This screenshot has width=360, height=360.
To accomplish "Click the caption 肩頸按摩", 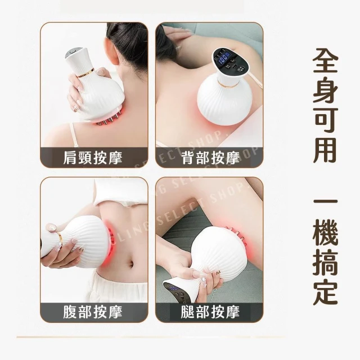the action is coord(92,157).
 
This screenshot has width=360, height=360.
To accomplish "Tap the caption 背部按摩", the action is coord(210,157).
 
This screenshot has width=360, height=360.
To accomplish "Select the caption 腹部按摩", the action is coord(92,312).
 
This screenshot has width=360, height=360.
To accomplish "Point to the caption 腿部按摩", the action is coord(210,312).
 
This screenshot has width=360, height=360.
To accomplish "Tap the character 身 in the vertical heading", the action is coord(325,91).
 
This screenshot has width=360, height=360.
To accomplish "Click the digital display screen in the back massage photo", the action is coord(222,56).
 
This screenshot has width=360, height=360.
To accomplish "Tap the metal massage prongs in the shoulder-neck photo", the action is coord(107,120).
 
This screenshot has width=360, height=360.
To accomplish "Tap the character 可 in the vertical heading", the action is coord(325,120).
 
